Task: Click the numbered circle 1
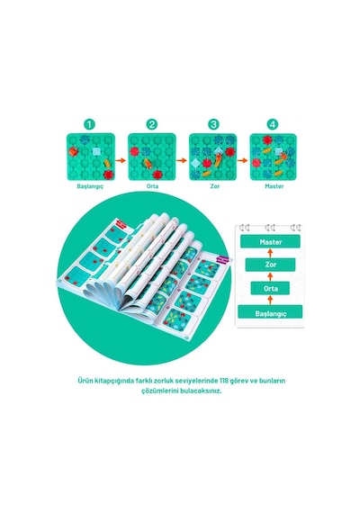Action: coord(89,125)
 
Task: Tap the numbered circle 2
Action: coord(152,125)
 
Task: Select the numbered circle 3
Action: coord(213,125)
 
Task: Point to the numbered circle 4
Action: coord(273,125)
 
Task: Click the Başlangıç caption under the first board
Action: coord(90,186)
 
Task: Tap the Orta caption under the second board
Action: coord(152,186)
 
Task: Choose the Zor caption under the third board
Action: coord(215,186)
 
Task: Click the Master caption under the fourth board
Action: coord(274,186)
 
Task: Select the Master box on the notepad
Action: coord(270,241)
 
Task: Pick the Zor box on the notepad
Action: coord(270,265)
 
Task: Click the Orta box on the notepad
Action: coord(270,288)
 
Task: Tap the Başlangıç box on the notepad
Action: coord(270,312)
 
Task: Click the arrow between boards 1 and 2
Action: coord(121,160)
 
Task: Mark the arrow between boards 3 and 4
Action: coord(242,160)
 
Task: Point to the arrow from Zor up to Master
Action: coord(270,253)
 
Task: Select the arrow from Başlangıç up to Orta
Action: coord(270,300)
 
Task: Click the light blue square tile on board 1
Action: coord(96,151)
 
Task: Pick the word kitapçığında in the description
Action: coord(112,382)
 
